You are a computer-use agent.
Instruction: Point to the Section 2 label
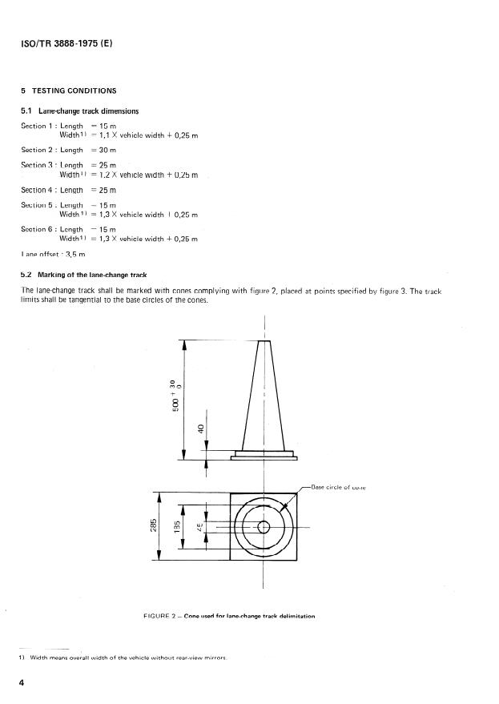click(38, 150)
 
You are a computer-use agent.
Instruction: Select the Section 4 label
click(38, 190)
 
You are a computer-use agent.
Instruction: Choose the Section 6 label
click(38, 229)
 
